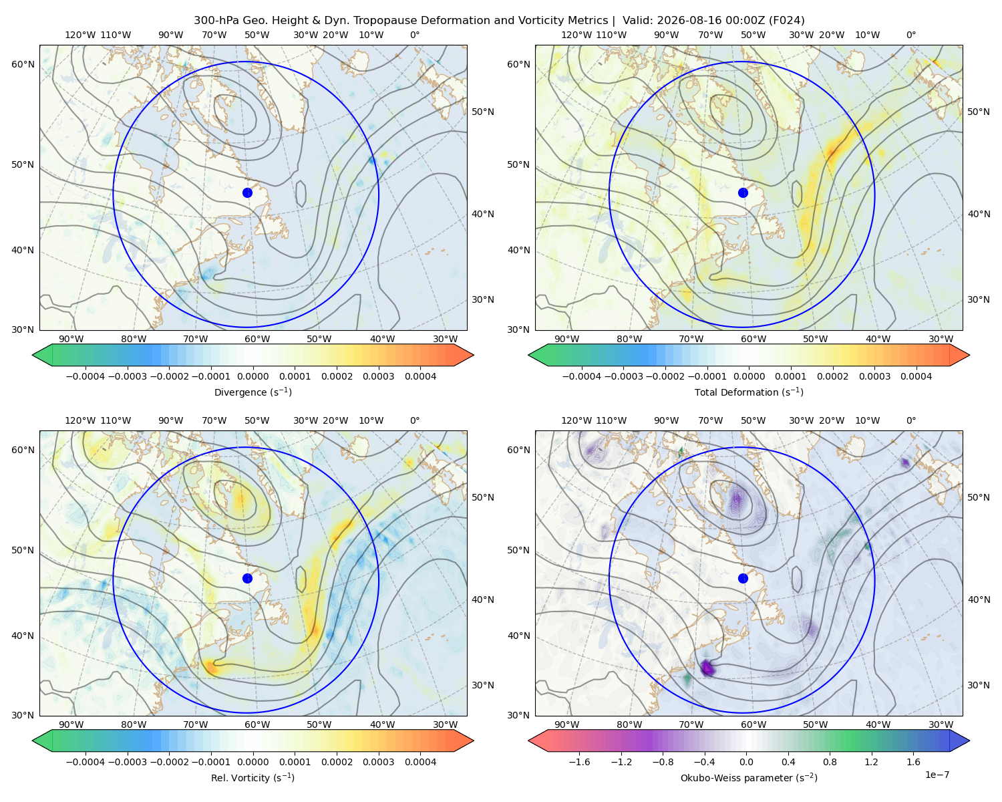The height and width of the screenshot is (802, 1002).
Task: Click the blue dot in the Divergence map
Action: click(247, 192)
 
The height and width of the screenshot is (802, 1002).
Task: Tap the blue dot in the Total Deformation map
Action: click(743, 192)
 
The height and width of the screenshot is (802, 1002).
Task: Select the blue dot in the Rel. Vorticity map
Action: click(247, 578)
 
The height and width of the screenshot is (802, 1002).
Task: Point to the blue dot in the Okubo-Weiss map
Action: click(743, 578)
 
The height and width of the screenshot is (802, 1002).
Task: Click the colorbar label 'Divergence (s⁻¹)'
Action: click(253, 392)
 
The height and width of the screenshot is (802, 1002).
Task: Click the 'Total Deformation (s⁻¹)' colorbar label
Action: click(749, 392)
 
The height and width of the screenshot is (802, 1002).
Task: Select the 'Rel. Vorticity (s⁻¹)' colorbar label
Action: click(253, 777)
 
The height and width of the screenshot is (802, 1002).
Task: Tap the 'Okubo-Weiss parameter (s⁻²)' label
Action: click(749, 777)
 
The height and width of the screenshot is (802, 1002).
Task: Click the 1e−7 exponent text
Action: click(937, 775)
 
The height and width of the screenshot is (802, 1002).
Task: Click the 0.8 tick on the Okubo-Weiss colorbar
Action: click(830, 762)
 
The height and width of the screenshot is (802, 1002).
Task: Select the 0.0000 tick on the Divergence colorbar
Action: click(253, 376)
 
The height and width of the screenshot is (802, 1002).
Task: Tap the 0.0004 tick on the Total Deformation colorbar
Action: click(916, 376)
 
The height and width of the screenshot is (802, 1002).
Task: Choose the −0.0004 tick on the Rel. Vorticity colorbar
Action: click(86, 762)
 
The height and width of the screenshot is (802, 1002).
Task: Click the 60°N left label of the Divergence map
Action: click(23, 64)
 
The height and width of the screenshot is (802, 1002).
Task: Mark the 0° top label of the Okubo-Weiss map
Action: click(910, 420)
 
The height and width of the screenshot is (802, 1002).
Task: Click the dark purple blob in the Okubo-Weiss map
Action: click(707, 668)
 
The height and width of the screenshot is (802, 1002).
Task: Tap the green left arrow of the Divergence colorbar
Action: click(43, 355)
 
